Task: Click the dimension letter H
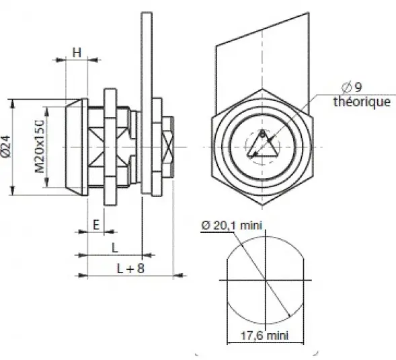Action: pos(77,53)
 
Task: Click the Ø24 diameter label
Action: pos(6,147)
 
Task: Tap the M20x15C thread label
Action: pos(40,147)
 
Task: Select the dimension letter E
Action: pos(96,225)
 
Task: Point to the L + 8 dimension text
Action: pos(130,268)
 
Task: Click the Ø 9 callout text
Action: pos(352,87)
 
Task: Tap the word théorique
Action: pos(362,102)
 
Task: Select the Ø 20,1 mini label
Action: pos(231,225)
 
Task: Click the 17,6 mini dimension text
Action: pos(264,336)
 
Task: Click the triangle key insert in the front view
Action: pos(262,145)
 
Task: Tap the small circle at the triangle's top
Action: pos(262,134)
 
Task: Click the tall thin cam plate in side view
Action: pos(147,103)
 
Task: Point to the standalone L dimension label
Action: pos(115,248)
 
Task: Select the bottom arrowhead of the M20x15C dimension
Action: pos(46,182)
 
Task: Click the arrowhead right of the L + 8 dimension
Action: pos(180,275)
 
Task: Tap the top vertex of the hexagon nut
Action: pos(262,89)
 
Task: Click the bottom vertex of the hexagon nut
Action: pos(262,205)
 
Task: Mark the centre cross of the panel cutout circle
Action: pos(266,280)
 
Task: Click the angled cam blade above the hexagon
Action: pos(262,63)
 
